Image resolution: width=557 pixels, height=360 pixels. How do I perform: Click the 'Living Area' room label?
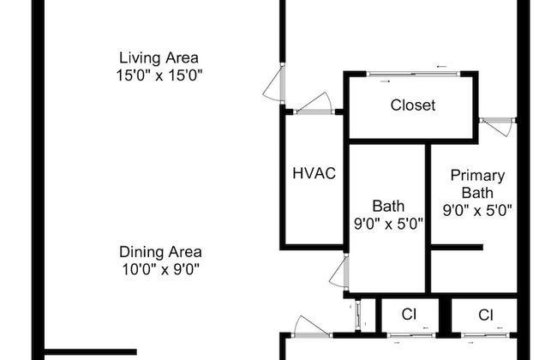[x=159, y=57]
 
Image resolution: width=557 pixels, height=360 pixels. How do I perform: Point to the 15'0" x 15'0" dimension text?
[x=159, y=75]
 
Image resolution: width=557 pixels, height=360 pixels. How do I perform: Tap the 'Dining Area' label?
[x=160, y=252]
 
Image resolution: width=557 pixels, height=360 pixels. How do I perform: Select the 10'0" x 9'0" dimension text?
[x=160, y=268]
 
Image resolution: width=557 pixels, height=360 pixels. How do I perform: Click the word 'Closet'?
[x=413, y=105]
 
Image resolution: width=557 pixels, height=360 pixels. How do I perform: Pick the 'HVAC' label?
[x=314, y=172]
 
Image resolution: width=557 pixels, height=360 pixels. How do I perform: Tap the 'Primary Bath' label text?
[x=477, y=183]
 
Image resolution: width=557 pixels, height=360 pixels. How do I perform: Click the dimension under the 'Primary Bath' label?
[x=477, y=209]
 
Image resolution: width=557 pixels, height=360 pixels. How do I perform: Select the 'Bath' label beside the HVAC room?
[x=388, y=206]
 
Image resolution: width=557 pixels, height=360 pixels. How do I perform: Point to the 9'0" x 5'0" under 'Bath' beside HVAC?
[x=388, y=223]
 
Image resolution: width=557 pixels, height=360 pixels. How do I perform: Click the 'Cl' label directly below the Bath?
[x=409, y=315]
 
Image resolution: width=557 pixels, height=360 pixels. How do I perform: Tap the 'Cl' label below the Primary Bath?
[x=486, y=315]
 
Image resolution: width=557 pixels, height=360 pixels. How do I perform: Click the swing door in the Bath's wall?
[x=339, y=273]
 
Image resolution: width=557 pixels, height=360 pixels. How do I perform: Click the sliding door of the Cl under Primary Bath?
[x=484, y=333]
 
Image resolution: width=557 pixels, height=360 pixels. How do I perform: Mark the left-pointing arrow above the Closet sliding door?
[x=441, y=66]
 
